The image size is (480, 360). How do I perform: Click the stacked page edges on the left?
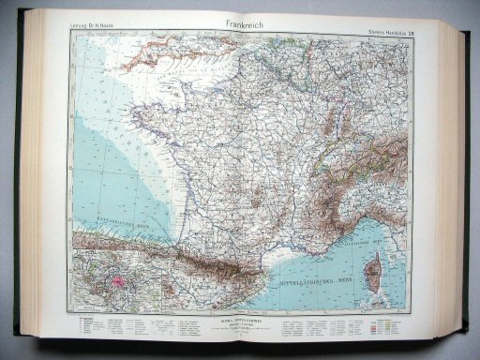37,187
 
